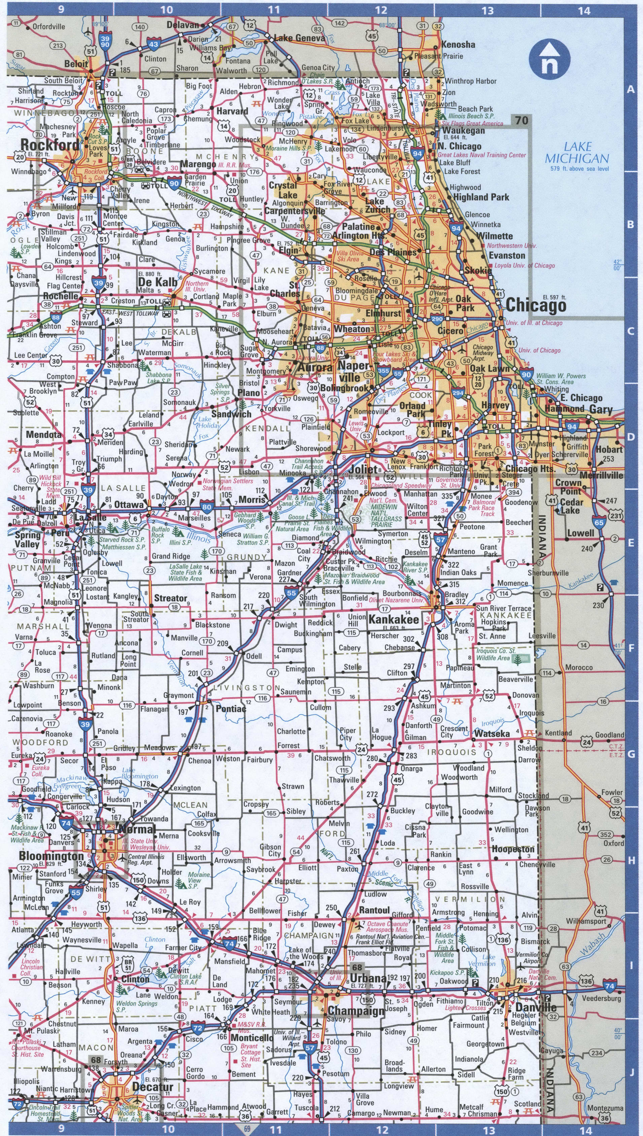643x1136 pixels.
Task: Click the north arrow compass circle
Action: [550, 57]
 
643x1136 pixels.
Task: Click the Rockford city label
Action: [49, 144]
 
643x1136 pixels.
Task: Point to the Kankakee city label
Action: [394, 619]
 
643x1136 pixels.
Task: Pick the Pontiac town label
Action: [231, 709]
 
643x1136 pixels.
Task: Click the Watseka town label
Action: [492, 734]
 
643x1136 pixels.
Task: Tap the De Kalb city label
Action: [157, 282]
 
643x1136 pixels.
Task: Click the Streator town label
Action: [170, 598]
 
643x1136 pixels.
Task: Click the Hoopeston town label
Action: [513, 849]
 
